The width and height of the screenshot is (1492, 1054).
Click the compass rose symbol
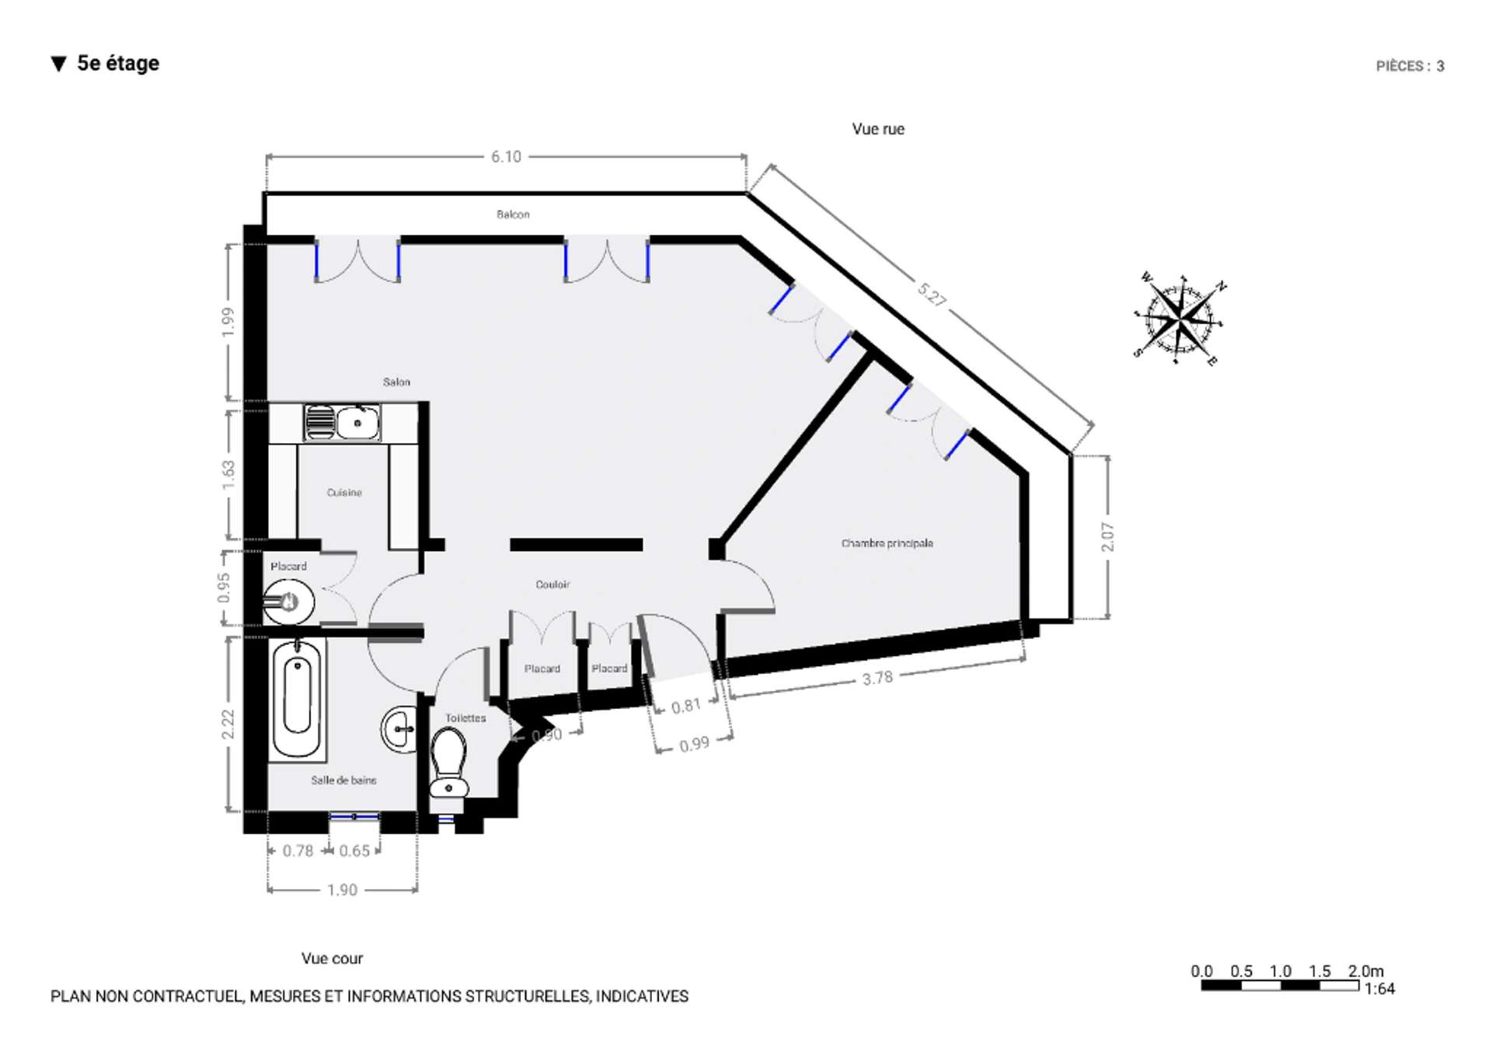pyautogui.click(x=1180, y=319)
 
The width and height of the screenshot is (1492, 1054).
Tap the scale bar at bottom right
pyautogui.click(x=1280, y=986)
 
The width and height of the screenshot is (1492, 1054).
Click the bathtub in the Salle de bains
pyautogui.click(x=298, y=697)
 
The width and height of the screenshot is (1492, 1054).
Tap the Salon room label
pyautogui.click(x=396, y=382)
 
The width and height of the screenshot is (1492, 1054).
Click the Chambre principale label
pyautogui.click(x=887, y=543)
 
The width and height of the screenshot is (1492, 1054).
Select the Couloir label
pyautogui.click(x=553, y=585)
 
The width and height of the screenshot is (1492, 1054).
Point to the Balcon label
pyautogui.click(x=513, y=215)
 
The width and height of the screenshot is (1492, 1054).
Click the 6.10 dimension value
pyautogui.click(x=506, y=157)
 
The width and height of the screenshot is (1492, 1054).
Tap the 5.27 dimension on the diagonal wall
pyautogui.click(x=932, y=295)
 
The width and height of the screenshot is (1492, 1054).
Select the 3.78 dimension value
pyautogui.click(x=877, y=679)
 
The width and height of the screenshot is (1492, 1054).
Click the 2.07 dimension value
pyautogui.click(x=1107, y=537)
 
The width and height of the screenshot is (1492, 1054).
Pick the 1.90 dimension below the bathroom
pyautogui.click(x=342, y=890)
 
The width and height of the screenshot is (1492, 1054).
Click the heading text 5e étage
pyautogui.click(x=118, y=63)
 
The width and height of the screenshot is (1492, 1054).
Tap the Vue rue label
pyautogui.click(x=878, y=129)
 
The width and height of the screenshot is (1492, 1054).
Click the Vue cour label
pyautogui.click(x=332, y=958)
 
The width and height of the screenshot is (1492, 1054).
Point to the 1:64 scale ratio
pyautogui.click(x=1380, y=989)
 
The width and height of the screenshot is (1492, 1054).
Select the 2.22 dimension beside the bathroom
pyautogui.click(x=227, y=724)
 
